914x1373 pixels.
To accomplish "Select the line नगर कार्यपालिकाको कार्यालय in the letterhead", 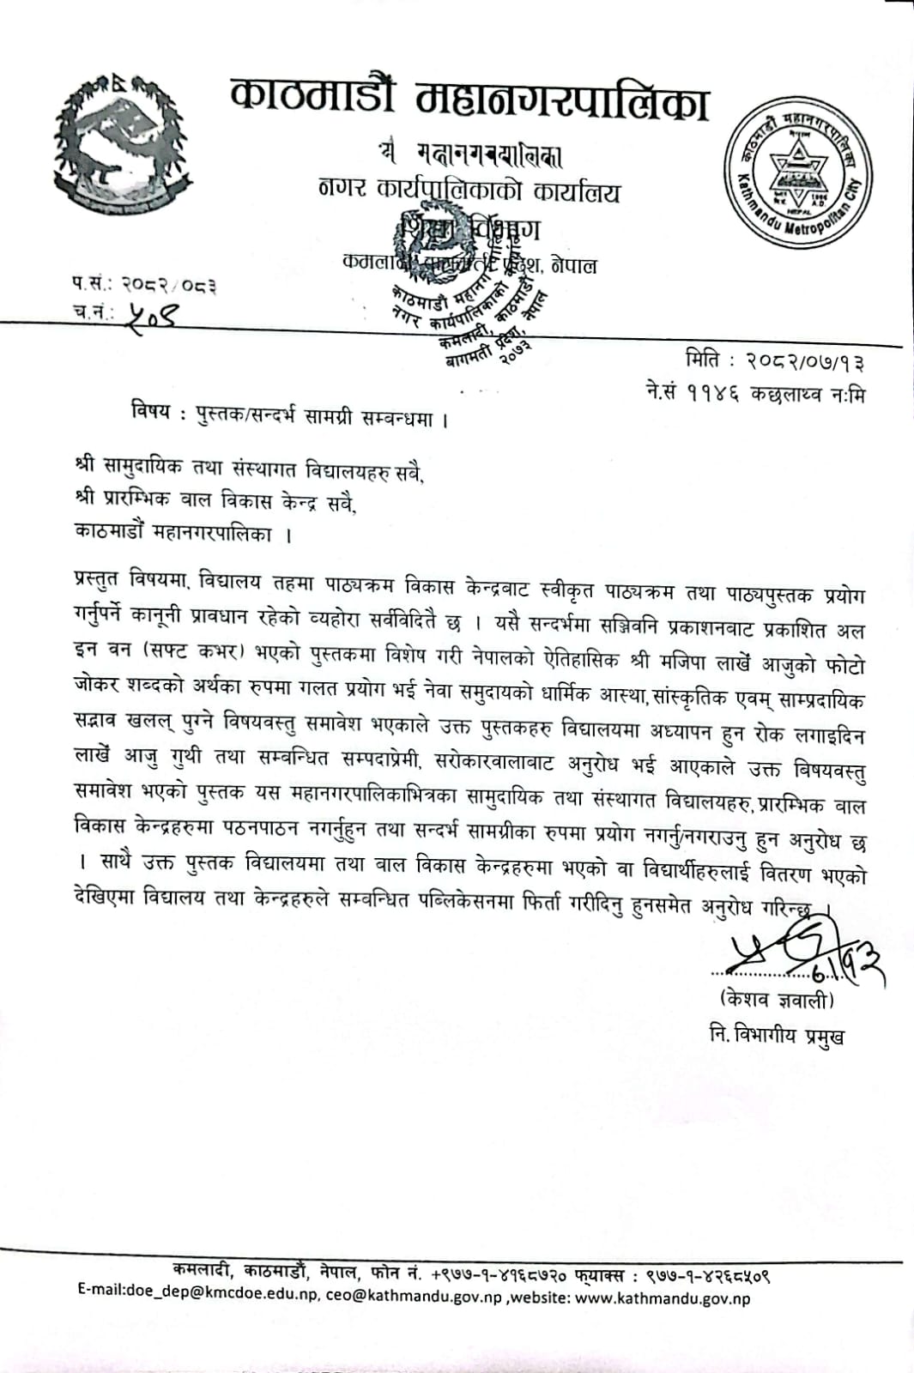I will (469, 191).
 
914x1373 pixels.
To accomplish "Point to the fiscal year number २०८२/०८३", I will (168, 284).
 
